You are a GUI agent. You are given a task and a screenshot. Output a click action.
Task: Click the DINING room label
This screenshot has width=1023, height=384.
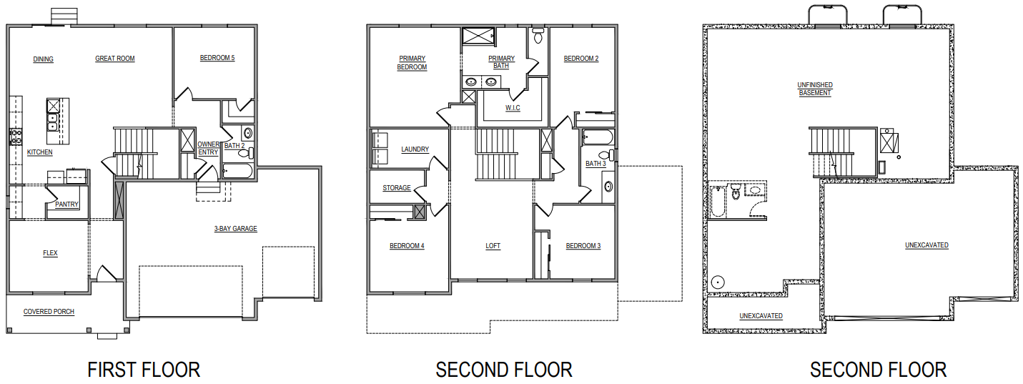pyautogui.click(x=44, y=59)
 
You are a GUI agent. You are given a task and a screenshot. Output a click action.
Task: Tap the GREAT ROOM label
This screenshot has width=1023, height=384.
pyautogui.click(x=115, y=59)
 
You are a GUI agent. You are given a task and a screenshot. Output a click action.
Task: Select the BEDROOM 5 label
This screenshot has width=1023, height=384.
pyautogui.click(x=217, y=58)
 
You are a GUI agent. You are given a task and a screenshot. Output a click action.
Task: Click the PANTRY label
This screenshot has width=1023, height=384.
pyautogui.click(x=66, y=205)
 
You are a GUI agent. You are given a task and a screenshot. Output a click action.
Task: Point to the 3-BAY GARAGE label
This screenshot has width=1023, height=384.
pyautogui.click(x=236, y=229)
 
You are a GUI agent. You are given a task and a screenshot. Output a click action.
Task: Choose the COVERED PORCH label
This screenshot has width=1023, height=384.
pyautogui.click(x=49, y=312)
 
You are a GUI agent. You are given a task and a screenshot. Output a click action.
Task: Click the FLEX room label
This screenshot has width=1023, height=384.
pyautogui.click(x=50, y=253)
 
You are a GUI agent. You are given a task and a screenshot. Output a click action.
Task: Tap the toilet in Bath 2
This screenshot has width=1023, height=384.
pyautogui.click(x=246, y=153)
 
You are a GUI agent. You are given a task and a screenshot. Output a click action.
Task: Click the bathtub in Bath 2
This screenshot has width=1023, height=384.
pyautogui.click(x=237, y=171)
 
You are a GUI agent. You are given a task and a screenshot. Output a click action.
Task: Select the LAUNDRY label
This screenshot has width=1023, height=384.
pyautogui.click(x=415, y=149)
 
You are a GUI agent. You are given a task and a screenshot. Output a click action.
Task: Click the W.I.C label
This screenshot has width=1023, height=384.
pyautogui.click(x=513, y=108)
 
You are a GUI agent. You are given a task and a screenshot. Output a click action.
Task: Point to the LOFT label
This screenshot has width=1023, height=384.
pyautogui.click(x=493, y=246)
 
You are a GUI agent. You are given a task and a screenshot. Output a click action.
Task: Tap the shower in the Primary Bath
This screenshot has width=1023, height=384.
pyautogui.click(x=478, y=36)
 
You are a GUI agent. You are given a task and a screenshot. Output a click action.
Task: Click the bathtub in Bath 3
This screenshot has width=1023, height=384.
pyautogui.click(x=598, y=137)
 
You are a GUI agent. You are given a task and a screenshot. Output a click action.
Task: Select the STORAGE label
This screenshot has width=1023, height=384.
pyautogui.click(x=397, y=188)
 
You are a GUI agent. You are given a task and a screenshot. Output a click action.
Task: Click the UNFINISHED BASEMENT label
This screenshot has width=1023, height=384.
pyautogui.click(x=815, y=89)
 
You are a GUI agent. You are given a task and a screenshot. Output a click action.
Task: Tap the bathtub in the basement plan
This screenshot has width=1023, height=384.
pyautogui.click(x=718, y=201)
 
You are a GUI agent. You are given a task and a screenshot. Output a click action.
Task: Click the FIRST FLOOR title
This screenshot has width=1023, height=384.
pyautogui.click(x=144, y=370)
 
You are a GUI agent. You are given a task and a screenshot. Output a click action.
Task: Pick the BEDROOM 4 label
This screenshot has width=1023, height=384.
pyautogui.click(x=407, y=246)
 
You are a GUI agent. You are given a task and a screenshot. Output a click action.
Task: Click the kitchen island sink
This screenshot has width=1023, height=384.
pyautogui.click(x=53, y=122)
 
